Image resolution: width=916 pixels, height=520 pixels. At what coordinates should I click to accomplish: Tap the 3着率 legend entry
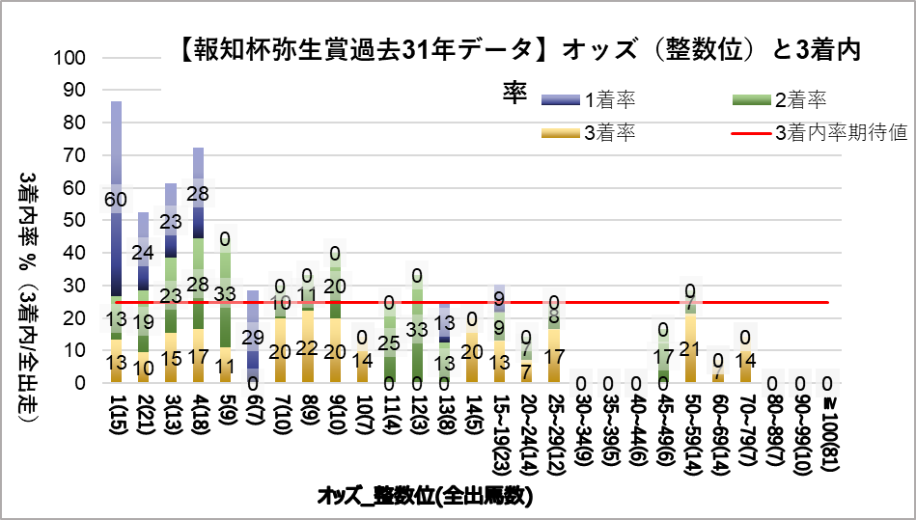pos(608,132)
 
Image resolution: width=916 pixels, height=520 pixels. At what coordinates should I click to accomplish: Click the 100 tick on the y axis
pos(72,58)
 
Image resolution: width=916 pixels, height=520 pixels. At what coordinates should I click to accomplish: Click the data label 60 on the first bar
pos(116,200)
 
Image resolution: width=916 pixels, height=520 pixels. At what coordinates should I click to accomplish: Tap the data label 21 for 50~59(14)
pos(689,349)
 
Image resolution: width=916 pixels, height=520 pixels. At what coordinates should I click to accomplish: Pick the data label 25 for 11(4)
pos(389,343)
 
